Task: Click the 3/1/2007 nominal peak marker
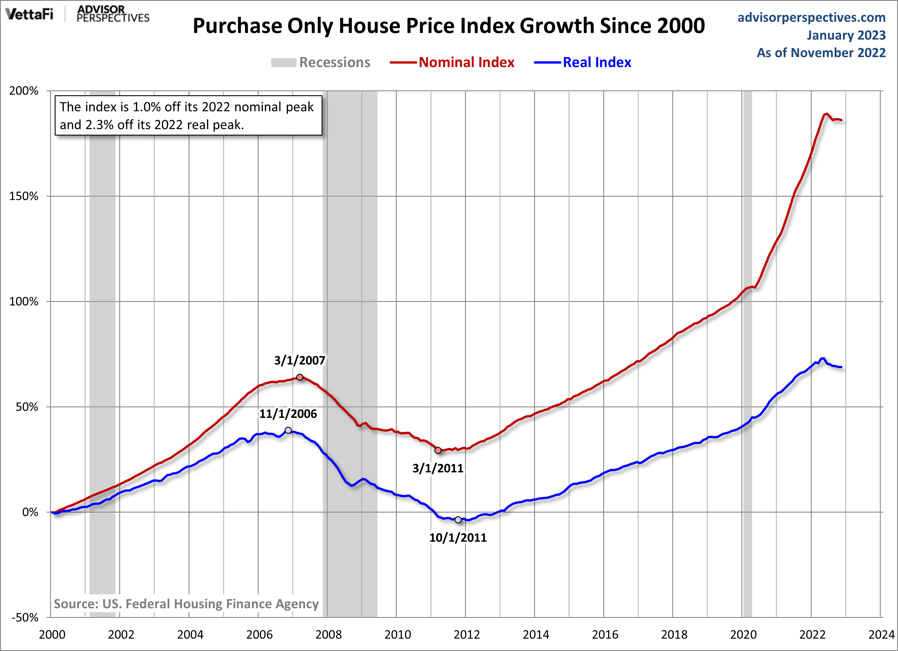300,377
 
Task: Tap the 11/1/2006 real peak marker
288,430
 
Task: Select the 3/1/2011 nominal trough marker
438,450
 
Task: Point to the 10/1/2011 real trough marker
458,519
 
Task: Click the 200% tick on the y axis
24,91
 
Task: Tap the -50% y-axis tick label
24,617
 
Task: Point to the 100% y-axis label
24,302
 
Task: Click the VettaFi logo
29,15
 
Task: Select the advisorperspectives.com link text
811,18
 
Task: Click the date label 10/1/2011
458,537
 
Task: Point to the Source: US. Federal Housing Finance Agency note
186,604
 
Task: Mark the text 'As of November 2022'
821,53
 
